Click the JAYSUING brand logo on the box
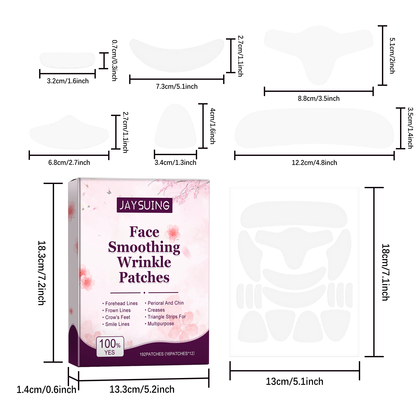click(x=144, y=205)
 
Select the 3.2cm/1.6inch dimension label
click(x=68, y=81)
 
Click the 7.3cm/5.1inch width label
click(x=177, y=87)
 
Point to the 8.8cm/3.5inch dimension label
click(x=319, y=99)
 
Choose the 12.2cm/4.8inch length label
click(x=314, y=163)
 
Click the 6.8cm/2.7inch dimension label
click(x=69, y=163)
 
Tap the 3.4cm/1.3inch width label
click(x=175, y=163)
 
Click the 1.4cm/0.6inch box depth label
click(x=46, y=390)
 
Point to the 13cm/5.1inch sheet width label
click(x=295, y=382)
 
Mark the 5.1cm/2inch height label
click(x=392, y=56)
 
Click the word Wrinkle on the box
click(x=144, y=262)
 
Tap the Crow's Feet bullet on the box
click(x=117, y=317)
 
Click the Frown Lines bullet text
click(x=118, y=310)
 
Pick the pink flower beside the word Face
click(x=173, y=233)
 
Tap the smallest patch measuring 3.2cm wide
click(x=67, y=60)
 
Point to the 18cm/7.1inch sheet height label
click(x=385, y=272)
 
